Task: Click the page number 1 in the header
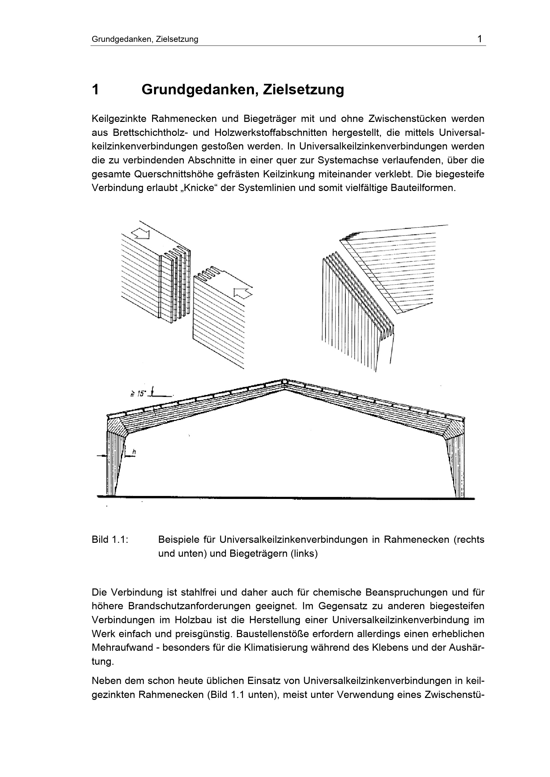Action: point(479,39)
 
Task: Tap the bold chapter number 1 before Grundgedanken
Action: point(95,90)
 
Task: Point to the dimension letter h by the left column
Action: point(134,452)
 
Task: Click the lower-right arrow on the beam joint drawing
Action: point(243,293)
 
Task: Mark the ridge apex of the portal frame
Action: point(284,382)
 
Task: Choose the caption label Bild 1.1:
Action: point(110,539)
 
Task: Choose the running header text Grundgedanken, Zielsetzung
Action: point(145,39)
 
